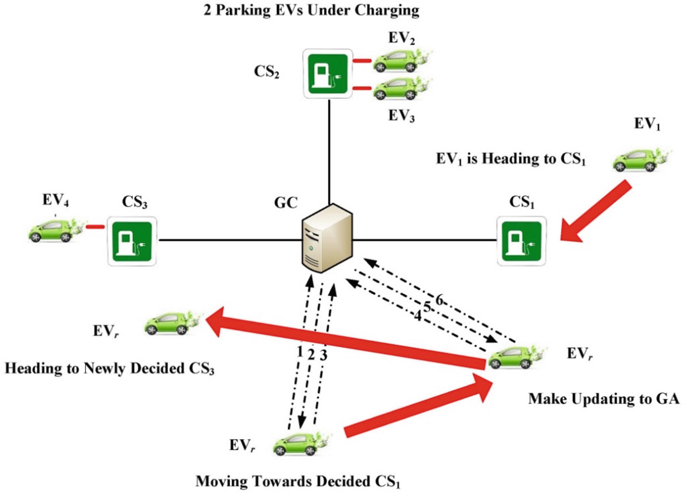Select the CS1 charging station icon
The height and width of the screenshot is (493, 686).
pyautogui.click(x=521, y=241)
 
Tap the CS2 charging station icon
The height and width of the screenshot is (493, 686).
pyautogui.click(x=328, y=73)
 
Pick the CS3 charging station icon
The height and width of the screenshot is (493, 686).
pyautogui.click(x=132, y=241)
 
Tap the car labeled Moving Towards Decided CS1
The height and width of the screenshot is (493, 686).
pyautogui.click(x=298, y=443)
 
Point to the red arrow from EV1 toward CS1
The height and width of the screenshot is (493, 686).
pyautogui.click(x=597, y=211)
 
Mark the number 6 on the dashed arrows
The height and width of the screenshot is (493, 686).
pyautogui.click(x=439, y=300)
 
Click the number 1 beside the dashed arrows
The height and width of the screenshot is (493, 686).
pyautogui.click(x=299, y=352)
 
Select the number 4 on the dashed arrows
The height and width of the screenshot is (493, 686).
pyautogui.click(x=418, y=315)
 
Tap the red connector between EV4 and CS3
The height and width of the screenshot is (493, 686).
pyautogui.click(x=95, y=227)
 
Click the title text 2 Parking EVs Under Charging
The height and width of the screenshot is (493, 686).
pyautogui.click(x=311, y=10)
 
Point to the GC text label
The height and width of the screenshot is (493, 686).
pyautogui.click(x=285, y=202)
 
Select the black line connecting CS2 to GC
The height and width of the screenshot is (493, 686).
pyautogui.click(x=329, y=149)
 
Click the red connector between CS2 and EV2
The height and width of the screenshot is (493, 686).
pyautogui.click(x=362, y=61)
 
